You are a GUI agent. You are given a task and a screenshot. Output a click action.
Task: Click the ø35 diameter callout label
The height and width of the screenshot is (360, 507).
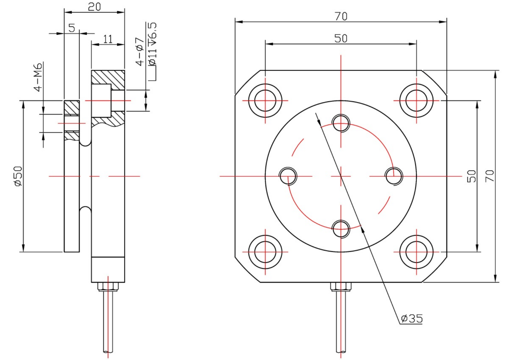(412, 318)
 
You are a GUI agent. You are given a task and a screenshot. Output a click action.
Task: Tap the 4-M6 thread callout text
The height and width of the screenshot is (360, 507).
(38, 77)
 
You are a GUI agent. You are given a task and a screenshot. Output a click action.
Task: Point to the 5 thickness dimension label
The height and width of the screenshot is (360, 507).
(72, 28)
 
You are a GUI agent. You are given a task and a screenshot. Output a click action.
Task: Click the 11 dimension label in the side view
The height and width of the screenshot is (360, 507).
(108, 39)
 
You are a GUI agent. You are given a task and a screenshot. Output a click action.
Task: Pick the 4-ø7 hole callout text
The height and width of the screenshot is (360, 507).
(140, 51)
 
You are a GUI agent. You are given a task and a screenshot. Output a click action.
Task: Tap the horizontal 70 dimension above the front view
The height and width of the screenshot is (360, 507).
(341, 16)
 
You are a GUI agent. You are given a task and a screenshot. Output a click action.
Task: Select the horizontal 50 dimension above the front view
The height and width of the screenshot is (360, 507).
(341, 38)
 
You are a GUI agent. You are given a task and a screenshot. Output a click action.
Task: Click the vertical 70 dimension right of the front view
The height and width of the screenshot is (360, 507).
(490, 176)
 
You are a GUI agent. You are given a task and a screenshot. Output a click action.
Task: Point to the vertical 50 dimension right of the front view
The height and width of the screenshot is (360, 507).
(471, 176)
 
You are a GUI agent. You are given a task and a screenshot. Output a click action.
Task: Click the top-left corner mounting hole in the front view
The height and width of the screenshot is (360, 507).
(265, 101)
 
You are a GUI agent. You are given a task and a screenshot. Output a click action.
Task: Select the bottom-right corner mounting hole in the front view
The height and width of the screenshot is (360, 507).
(417, 252)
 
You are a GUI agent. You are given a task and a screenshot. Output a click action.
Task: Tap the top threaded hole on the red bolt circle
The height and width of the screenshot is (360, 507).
(341, 123)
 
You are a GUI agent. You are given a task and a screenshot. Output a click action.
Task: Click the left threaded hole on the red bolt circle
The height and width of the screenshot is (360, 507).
(288, 176)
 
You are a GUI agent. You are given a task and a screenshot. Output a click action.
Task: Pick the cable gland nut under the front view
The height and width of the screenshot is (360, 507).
(341, 287)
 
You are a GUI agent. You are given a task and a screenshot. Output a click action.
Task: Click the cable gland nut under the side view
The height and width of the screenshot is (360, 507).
(108, 287)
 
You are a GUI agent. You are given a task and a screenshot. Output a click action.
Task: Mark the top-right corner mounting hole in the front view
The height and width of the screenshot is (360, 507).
(417, 101)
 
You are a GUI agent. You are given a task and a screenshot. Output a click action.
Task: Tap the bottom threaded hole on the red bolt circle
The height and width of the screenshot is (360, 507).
(341, 229)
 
